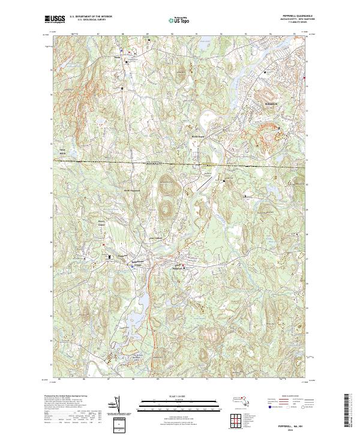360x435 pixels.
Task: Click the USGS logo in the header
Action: coord(55,20)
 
